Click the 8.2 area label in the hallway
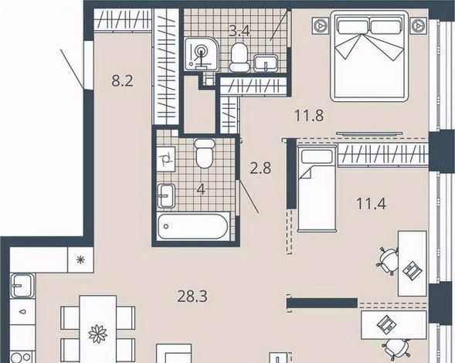pos(122,80)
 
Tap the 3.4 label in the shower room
pos(239,31)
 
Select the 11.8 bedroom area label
pos(309,116)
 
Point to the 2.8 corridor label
pos(260,168)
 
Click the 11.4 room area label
pos(371,203)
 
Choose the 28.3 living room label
pos(192,297)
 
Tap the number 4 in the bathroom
pos(201,189)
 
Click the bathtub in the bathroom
pos(194,226)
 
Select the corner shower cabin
pos(202,54)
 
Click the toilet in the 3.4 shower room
pos(239,57)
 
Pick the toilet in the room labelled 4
pos(205,153)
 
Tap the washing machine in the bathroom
pos(166,159)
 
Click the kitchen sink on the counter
pos(22,286)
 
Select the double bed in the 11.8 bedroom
pos(369,56)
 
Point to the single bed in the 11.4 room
pos(317,188)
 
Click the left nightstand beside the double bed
pos(320,25)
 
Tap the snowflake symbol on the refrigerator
pos(80,260)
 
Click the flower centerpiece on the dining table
pos(98,334)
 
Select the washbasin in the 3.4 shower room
pos(266,63)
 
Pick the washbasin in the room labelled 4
pos(166,196)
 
